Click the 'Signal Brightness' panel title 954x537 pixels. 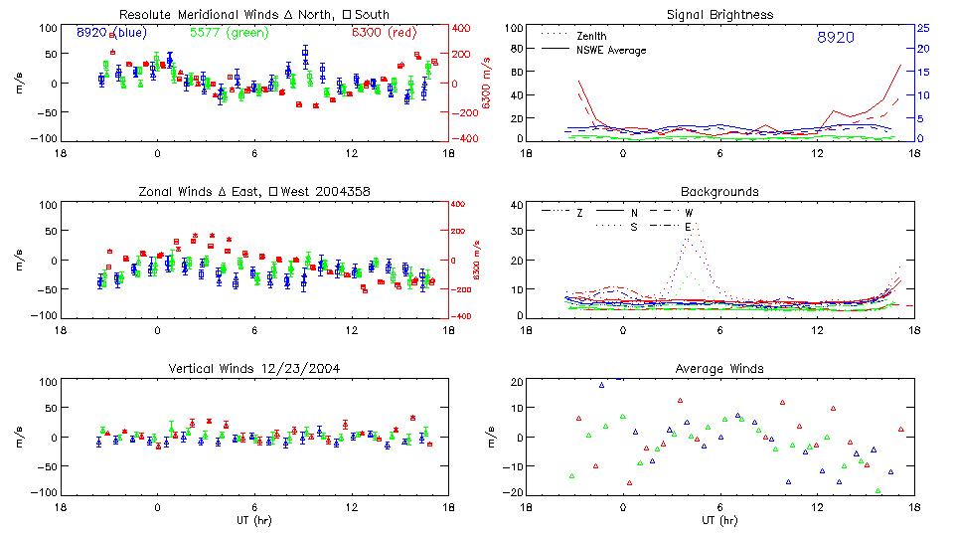721,15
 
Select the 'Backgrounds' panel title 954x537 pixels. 719,191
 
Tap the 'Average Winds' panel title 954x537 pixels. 720,368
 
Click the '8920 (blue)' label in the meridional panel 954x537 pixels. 111,33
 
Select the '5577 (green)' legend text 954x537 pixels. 230,33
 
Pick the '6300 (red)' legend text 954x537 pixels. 384,33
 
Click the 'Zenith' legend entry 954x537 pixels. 592,36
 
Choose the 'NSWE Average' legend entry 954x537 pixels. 611,50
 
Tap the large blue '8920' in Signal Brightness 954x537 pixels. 835,38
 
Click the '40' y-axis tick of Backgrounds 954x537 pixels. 516,205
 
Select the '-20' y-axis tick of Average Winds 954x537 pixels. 514,492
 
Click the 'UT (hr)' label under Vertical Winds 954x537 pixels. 253,520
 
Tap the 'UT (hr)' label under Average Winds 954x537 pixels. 720,520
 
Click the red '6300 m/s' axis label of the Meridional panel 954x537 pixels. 487,84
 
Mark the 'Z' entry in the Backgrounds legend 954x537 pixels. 579,213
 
